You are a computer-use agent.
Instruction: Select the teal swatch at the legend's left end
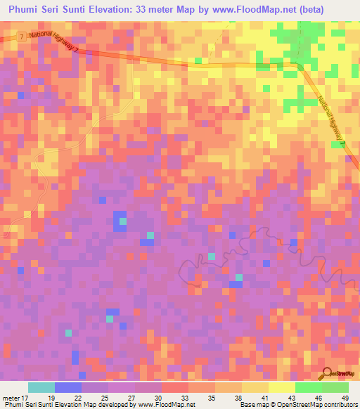(41, 387)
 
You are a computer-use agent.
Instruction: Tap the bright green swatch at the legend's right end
(335, 387)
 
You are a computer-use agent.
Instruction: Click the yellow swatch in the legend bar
(255, 387)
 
